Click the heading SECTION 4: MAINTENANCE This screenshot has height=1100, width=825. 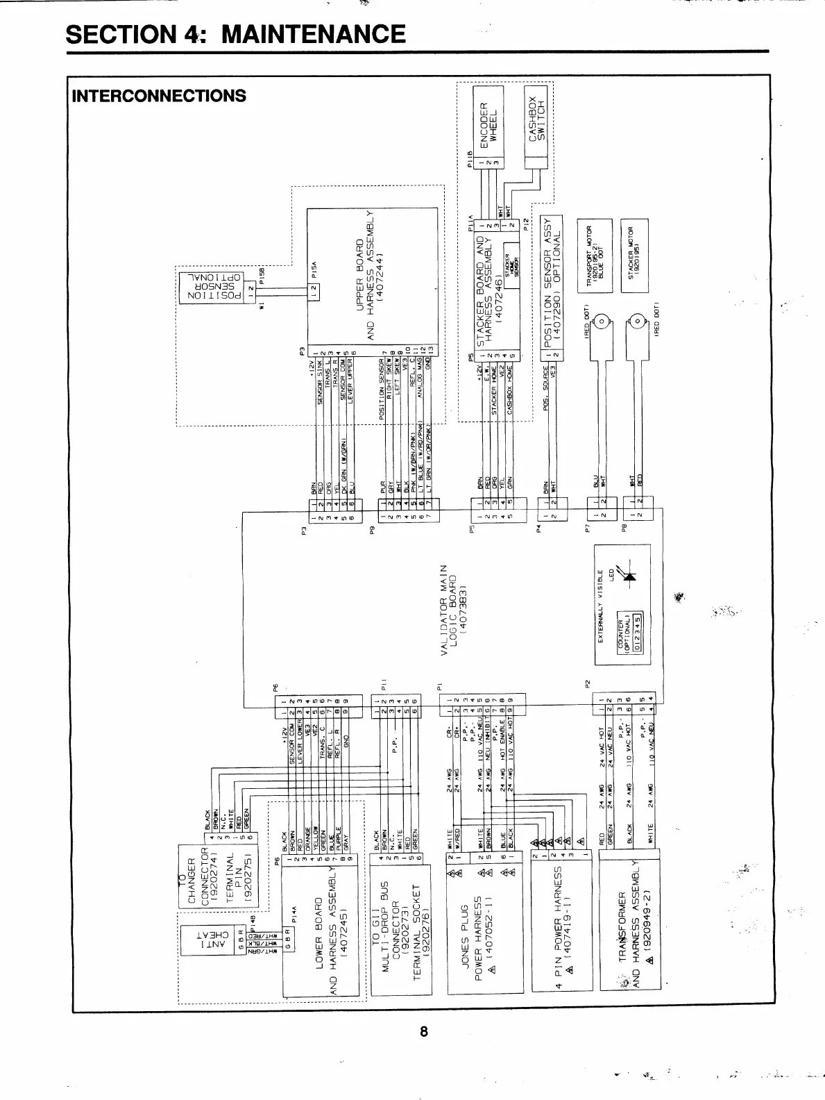[235, 34]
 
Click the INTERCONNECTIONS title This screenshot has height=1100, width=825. [159, 96]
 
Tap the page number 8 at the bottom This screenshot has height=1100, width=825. [423, 1031]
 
